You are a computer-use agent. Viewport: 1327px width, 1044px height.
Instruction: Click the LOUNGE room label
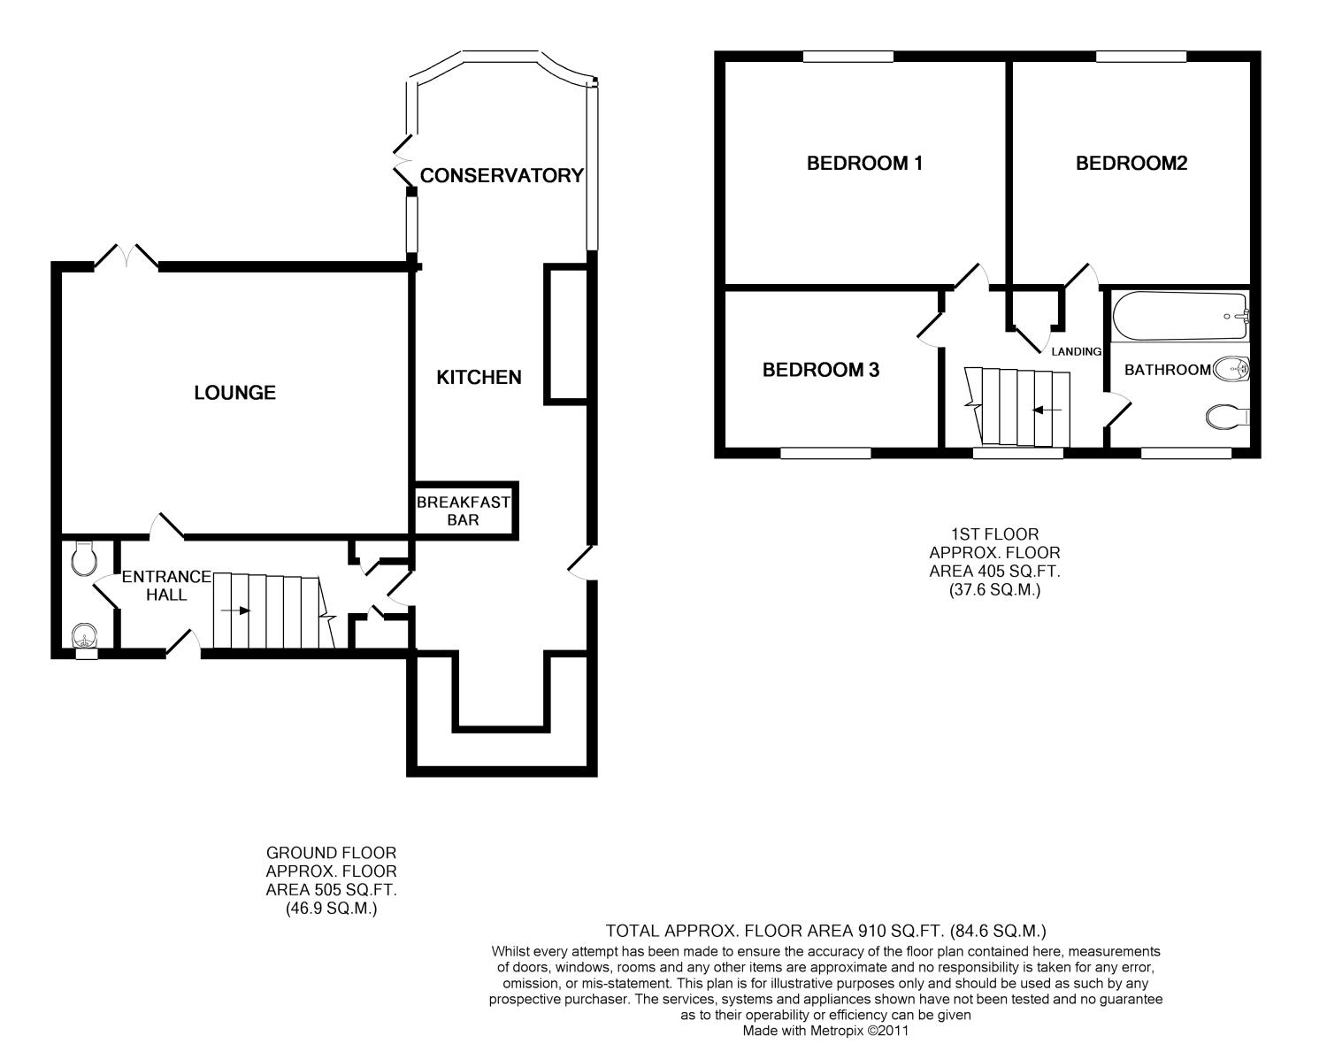point(235,392)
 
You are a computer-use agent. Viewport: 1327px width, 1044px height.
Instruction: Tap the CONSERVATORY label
point(502,176)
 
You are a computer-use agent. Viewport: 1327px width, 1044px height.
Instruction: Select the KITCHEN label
point(479,377)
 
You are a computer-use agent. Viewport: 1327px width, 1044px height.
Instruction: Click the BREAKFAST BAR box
point(465,510)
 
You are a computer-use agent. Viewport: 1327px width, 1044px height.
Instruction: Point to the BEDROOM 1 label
point(864,163)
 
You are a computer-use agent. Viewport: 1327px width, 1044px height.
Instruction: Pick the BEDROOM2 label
point(1131,163)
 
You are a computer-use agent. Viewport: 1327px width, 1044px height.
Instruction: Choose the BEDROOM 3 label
point(821,369)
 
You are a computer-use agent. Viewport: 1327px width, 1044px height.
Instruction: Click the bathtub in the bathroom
point(1180,317)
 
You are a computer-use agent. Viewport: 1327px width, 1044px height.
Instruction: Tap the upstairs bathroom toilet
point(1227,417)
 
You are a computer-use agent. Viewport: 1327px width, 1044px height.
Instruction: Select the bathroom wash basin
point(1231,369)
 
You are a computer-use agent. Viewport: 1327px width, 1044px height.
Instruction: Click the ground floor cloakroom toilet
point(83,559)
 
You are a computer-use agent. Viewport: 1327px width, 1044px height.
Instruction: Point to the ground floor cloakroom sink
point(84,635)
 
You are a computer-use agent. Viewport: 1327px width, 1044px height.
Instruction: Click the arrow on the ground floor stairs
point(235,610)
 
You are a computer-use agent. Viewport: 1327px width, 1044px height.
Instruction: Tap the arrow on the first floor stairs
point(1047,410)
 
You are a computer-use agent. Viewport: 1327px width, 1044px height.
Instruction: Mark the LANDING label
point(1076,351)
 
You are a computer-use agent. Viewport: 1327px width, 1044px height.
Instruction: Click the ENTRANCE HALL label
point(166,586)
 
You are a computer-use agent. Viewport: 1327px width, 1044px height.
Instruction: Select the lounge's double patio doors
point(127,257)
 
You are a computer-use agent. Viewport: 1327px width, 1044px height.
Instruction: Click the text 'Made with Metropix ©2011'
point(825,1031)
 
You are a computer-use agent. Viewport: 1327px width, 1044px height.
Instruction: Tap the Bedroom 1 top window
point(848,57)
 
